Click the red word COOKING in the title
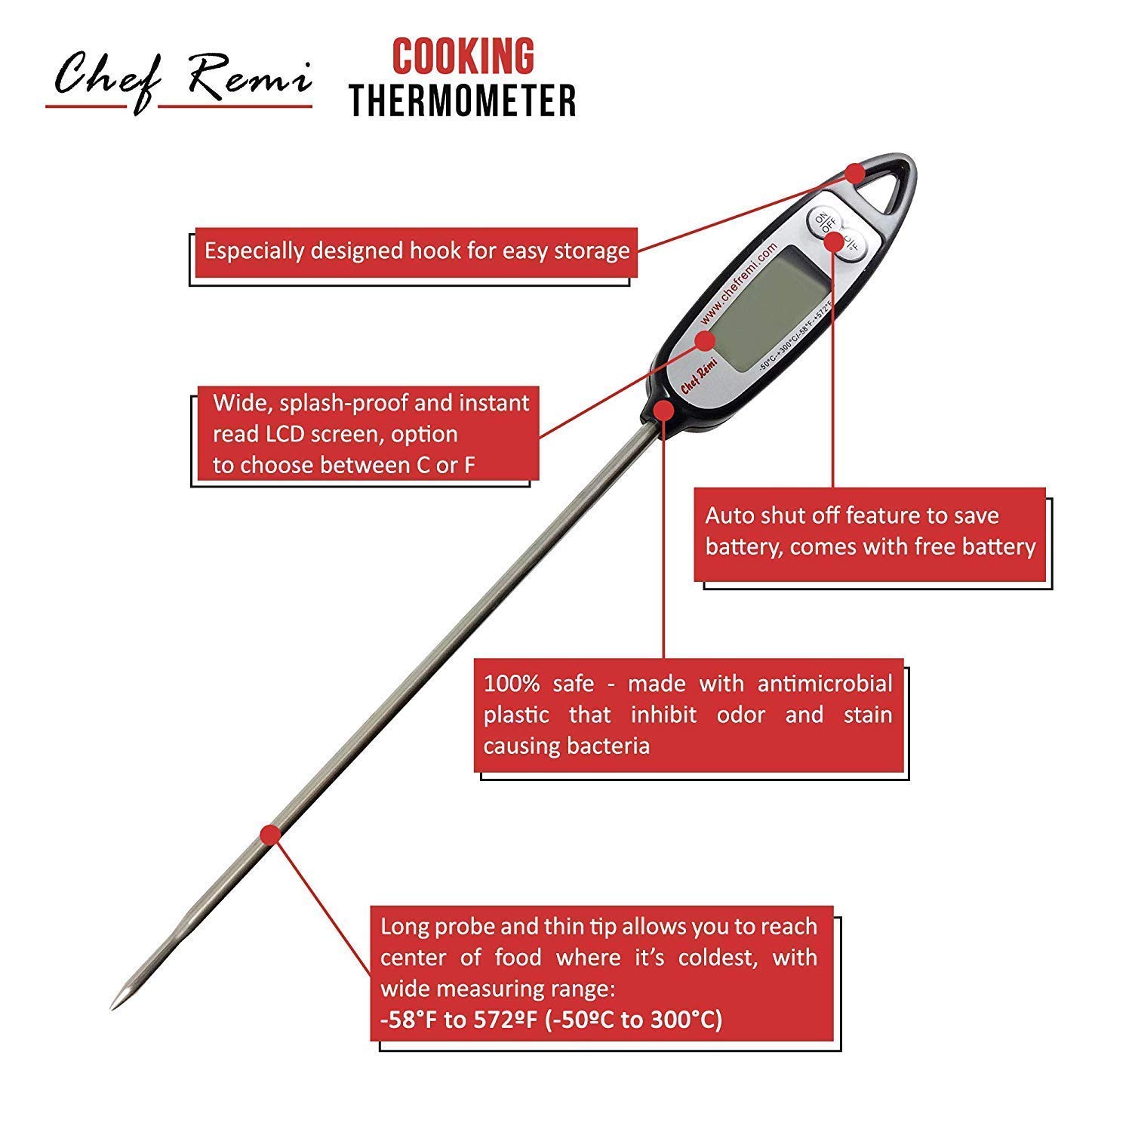tap(463, 57)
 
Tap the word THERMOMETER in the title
tap(463, 100)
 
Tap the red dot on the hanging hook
tap(855, 174)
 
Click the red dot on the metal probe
tap(270, 834)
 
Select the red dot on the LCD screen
tap(705, 340)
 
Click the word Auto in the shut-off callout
tap(729, 515)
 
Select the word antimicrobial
tap(825, 684)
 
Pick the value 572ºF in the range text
tap(506, 1020)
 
